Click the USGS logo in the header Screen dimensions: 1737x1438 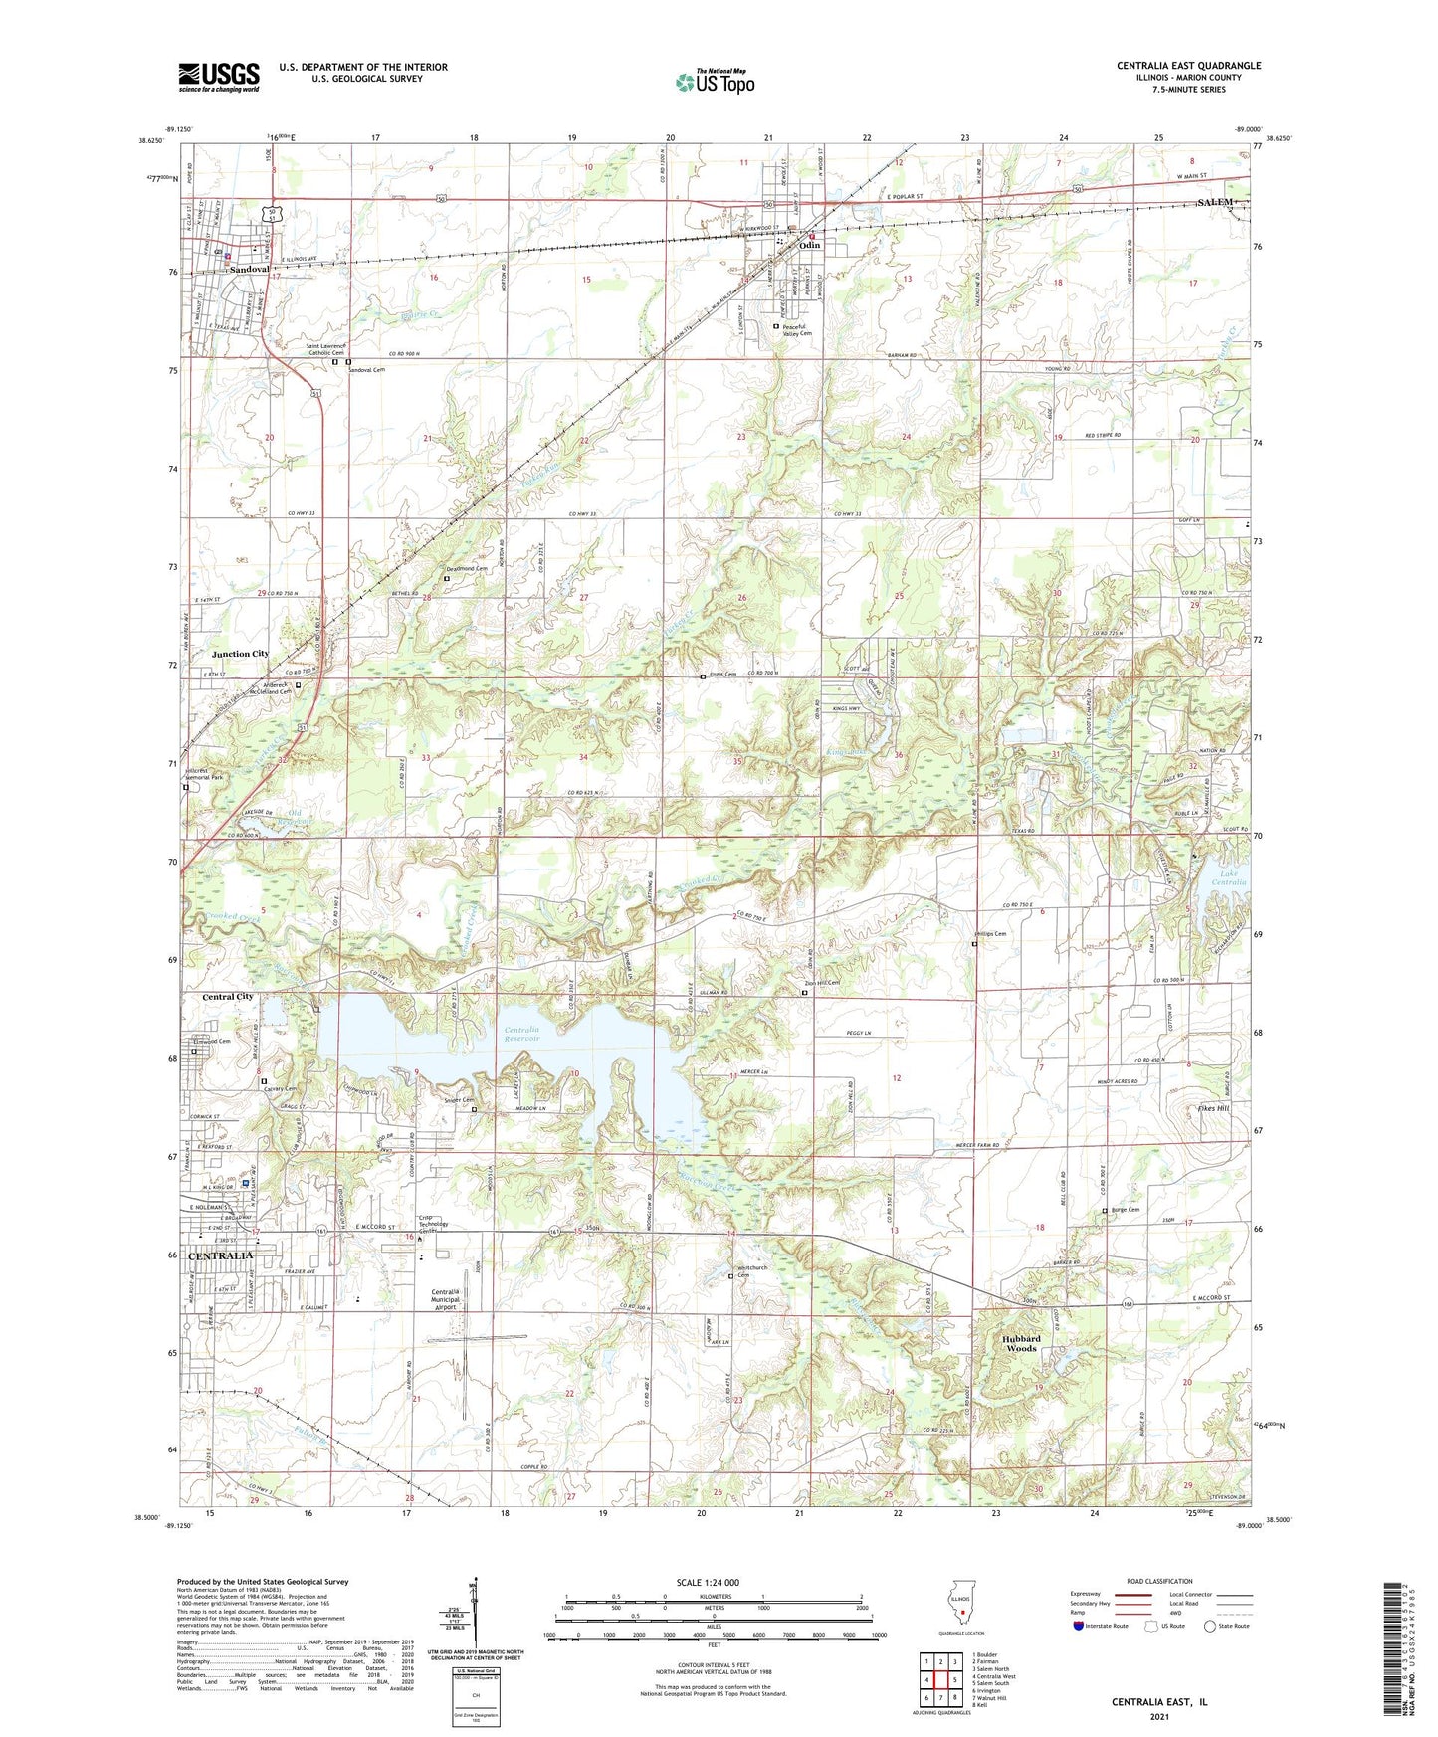pyautogui.click(x=219, y=77)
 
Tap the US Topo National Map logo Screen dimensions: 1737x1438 pyautogui.click(x=715, y=82)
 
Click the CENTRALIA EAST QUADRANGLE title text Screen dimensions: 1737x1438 pyautogui.click(x=1188, y=66)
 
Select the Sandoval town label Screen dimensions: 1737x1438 pyautogui.click(x=249, y=270)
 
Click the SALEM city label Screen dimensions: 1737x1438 pyautogui.click(x=1215, y=202)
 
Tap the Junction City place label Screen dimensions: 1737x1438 pyautogui.click(x=240, y=654)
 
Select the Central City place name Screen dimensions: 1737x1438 pyautogui.click(x=228, y=996)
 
